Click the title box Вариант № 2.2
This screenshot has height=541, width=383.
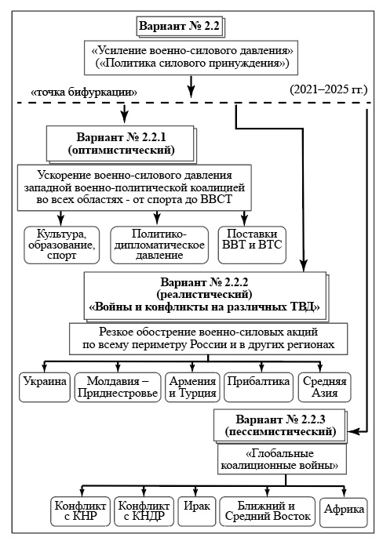[x=180, y=26]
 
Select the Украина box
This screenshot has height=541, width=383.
[x=45, y=387]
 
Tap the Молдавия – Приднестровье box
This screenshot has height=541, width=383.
[x=118, y=387]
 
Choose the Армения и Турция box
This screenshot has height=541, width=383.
[x=192, y=387]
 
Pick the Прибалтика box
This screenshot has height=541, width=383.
[x=258, y=387]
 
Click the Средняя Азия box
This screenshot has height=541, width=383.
[x=325, y=387]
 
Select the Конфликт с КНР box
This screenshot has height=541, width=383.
[x=81, y=511]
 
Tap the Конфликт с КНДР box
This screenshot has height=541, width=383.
[x=144, y=511]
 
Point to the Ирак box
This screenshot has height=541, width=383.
[x=197, y=511]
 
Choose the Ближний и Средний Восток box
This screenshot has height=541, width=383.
[x=268, y=511]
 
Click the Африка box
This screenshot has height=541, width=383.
[x=344, y=512]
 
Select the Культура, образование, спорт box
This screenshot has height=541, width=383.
[x=62, y=245]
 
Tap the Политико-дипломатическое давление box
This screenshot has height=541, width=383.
[x=159, y=245]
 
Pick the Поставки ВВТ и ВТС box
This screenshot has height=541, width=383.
[x=252, y=245]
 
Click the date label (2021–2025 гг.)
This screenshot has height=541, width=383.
[x=328, y=89]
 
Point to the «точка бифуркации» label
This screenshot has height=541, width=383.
[x=84, y=93]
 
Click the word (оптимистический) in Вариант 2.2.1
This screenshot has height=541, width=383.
[x=121, y=151]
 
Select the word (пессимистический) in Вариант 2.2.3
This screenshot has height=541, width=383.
[x=280, y=432]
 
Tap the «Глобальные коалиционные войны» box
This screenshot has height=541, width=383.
[x=282, y=459]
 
